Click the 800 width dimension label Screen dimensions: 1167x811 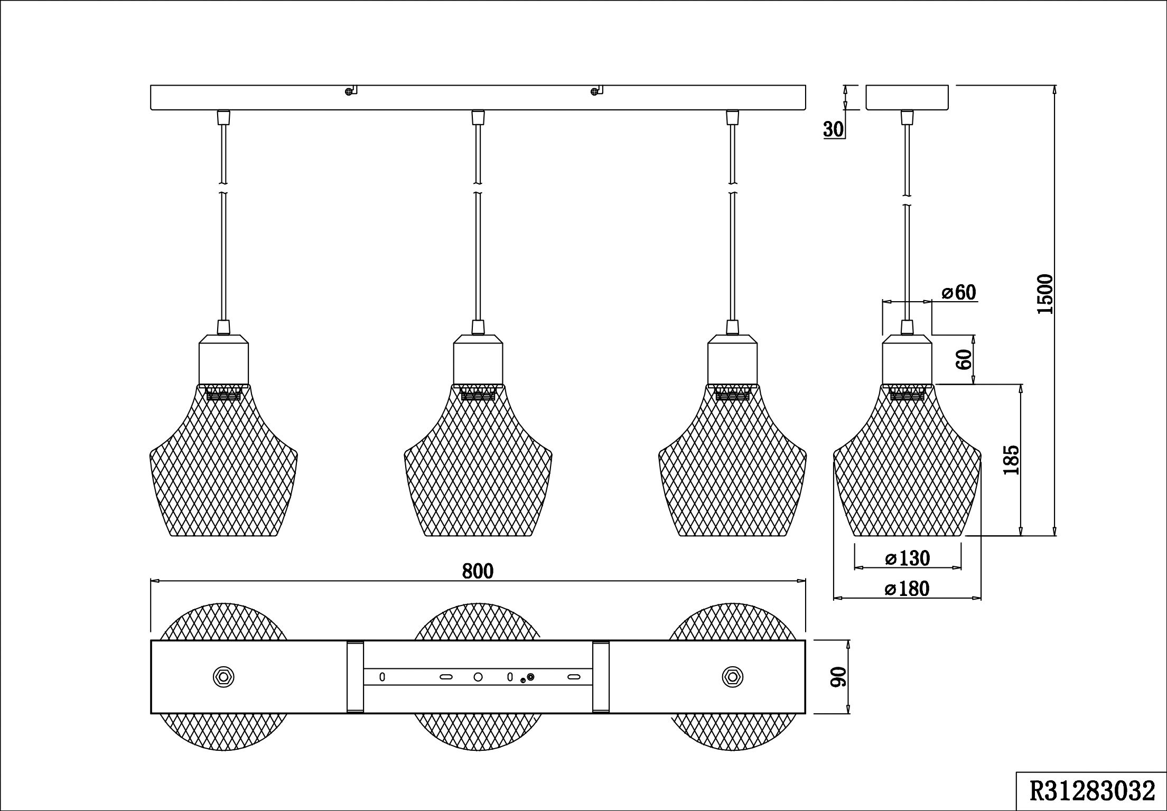478,571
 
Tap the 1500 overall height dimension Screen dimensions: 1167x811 1045,294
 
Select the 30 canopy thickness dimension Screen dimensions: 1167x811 834,129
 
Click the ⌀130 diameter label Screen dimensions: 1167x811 907,558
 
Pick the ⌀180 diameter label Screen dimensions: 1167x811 907,589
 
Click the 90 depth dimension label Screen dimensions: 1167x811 839,677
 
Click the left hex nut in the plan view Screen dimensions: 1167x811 223,676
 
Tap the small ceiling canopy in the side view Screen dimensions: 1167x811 907,97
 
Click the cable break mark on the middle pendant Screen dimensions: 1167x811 478,188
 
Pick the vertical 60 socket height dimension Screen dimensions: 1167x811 965,359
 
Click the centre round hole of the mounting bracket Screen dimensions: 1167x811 478,677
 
